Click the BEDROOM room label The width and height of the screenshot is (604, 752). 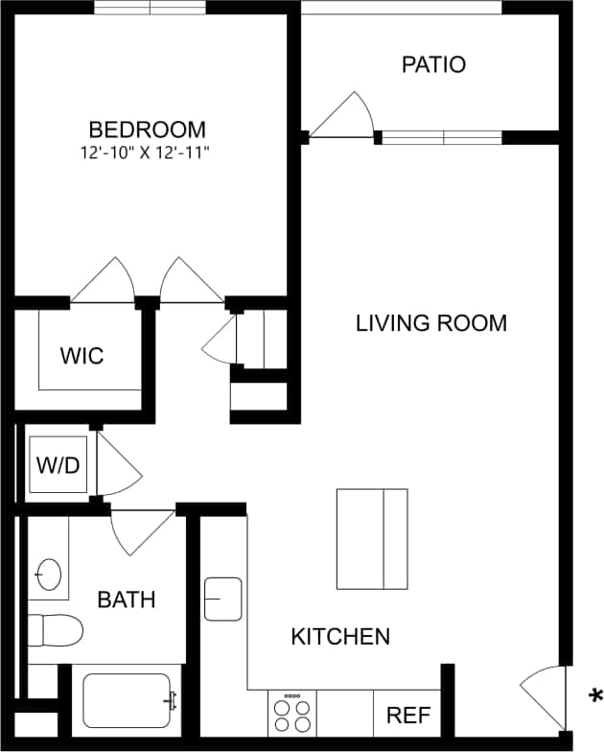coord(147,129)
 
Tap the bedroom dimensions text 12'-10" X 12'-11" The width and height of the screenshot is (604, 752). coord(147,152)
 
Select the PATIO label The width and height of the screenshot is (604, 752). coord(433,65)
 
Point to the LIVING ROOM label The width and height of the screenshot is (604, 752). coord(431,323)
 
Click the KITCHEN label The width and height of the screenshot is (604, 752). coord(340,636)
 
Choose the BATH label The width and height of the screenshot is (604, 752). coord(127,599)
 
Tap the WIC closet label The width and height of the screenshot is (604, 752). coord(81,356)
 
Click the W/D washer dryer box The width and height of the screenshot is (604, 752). coord(58,465)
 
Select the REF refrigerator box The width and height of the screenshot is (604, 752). coord(407,715)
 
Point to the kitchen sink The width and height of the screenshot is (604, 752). coord(223,599)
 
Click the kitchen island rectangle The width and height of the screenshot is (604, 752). coord(372,539)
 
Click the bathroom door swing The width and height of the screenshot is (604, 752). coord(139,529)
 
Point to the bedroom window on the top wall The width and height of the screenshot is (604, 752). coord(150,8)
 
